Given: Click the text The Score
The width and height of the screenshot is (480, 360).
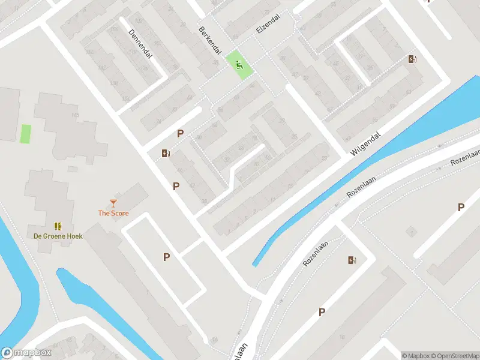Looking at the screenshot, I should click(x=113, y=213).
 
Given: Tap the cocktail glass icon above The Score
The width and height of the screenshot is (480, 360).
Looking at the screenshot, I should click(x=113, y=203).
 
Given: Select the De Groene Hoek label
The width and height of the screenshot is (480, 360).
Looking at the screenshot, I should click(x=58, y=236).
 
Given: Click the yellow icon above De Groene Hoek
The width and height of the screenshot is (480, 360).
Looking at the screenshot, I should click(x=58, y=226).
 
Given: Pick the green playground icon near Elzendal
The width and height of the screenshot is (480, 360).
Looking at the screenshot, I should click(x=239, y=65).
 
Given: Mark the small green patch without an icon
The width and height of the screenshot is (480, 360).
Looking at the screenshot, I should click(x=26, y=133).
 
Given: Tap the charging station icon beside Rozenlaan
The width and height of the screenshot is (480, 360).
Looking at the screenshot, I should click(x=352, y=260).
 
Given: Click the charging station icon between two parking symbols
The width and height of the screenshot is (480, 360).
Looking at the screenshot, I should click(x=166, y=153).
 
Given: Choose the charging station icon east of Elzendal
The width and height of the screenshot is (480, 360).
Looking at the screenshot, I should click(x=412, y=59).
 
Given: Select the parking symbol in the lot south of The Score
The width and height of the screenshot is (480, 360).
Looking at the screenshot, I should click(x=167, y=257).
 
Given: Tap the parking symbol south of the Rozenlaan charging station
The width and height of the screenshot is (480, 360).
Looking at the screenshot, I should click(x=322, y=312).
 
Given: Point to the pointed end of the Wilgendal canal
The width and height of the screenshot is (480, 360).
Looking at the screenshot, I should click(x=254, y=265).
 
